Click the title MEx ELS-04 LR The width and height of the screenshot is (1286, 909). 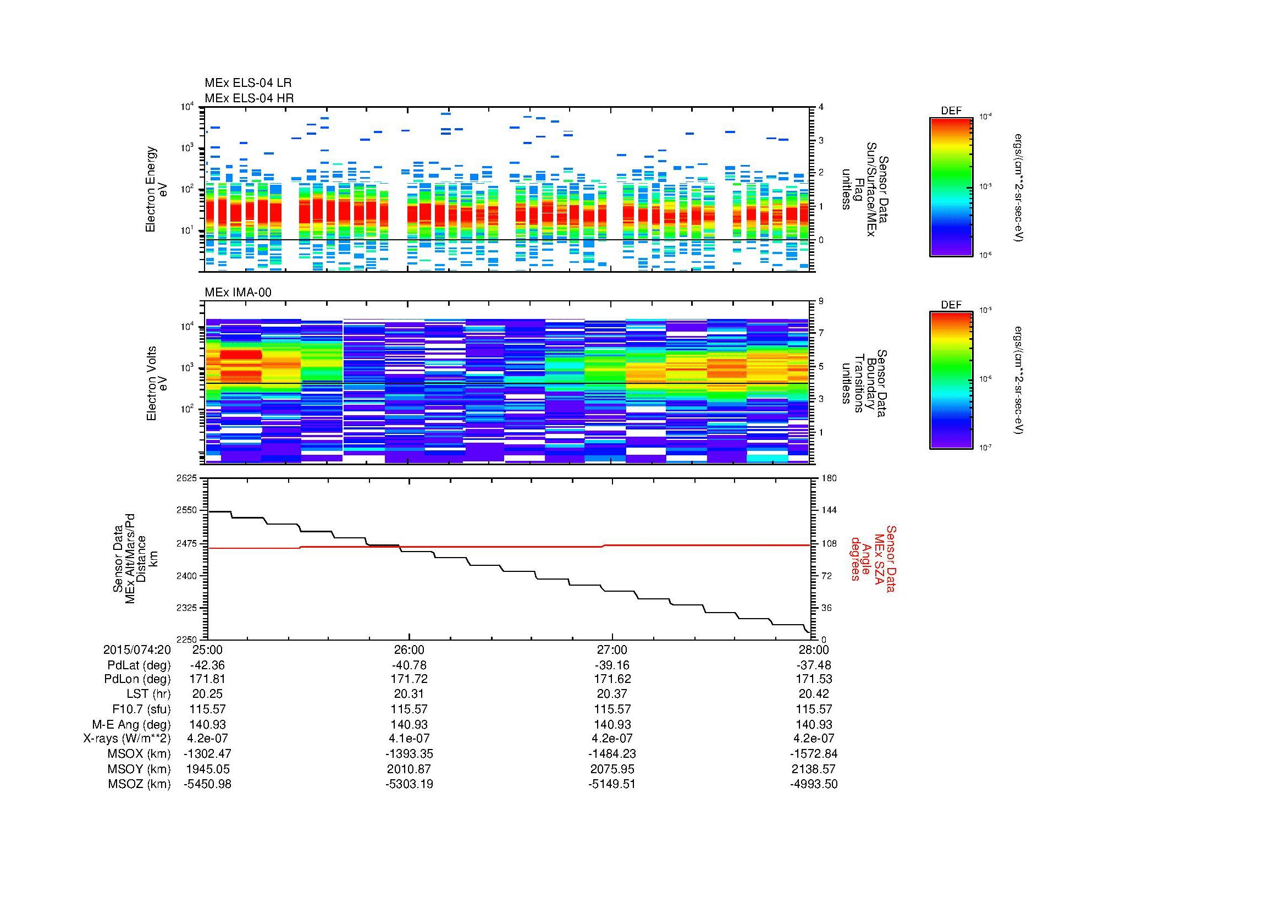[247, 83]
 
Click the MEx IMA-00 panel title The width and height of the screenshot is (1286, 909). [238, 293]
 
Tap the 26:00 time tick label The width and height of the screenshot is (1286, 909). [409, 650]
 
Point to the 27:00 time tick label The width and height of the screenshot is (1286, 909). [611, 650]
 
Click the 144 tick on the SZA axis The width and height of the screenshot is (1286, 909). [829, 511]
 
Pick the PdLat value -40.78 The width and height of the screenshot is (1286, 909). [409, 665]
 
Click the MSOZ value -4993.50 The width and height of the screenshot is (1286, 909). [813, 784]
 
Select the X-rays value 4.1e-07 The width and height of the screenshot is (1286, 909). [409, 739]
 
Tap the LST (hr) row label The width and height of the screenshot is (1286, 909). [146, 695]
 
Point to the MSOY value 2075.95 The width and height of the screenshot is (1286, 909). [611, 769]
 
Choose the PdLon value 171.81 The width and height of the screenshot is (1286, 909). [207, 680]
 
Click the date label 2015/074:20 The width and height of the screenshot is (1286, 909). [137, 650]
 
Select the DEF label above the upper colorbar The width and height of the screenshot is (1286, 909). [951, 111]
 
